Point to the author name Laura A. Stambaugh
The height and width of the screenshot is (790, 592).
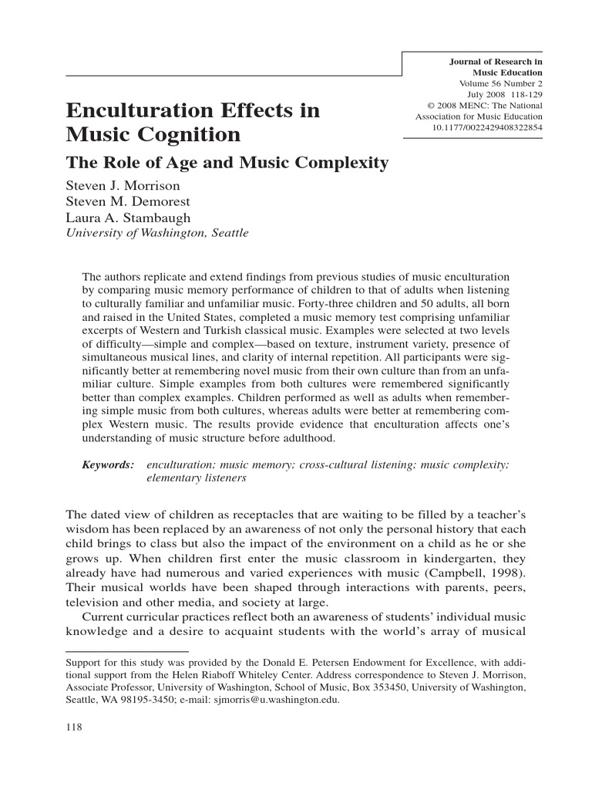pyautogui.click(x=128, y=217)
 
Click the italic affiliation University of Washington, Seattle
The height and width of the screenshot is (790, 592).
pyautogui.click(x=157, y=233)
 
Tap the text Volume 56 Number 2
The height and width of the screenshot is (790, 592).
pyautogui.click(x=500, y=83)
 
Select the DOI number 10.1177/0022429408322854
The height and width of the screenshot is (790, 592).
pyautogui.click(x=487, y=127)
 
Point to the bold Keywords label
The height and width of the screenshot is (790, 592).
pyautogui.click(x=108, y=464)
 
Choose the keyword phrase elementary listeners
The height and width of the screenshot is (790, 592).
pyautogui.click(x=197, y=478)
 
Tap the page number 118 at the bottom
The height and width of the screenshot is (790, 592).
pyautogui.click(x=74, y=728)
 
